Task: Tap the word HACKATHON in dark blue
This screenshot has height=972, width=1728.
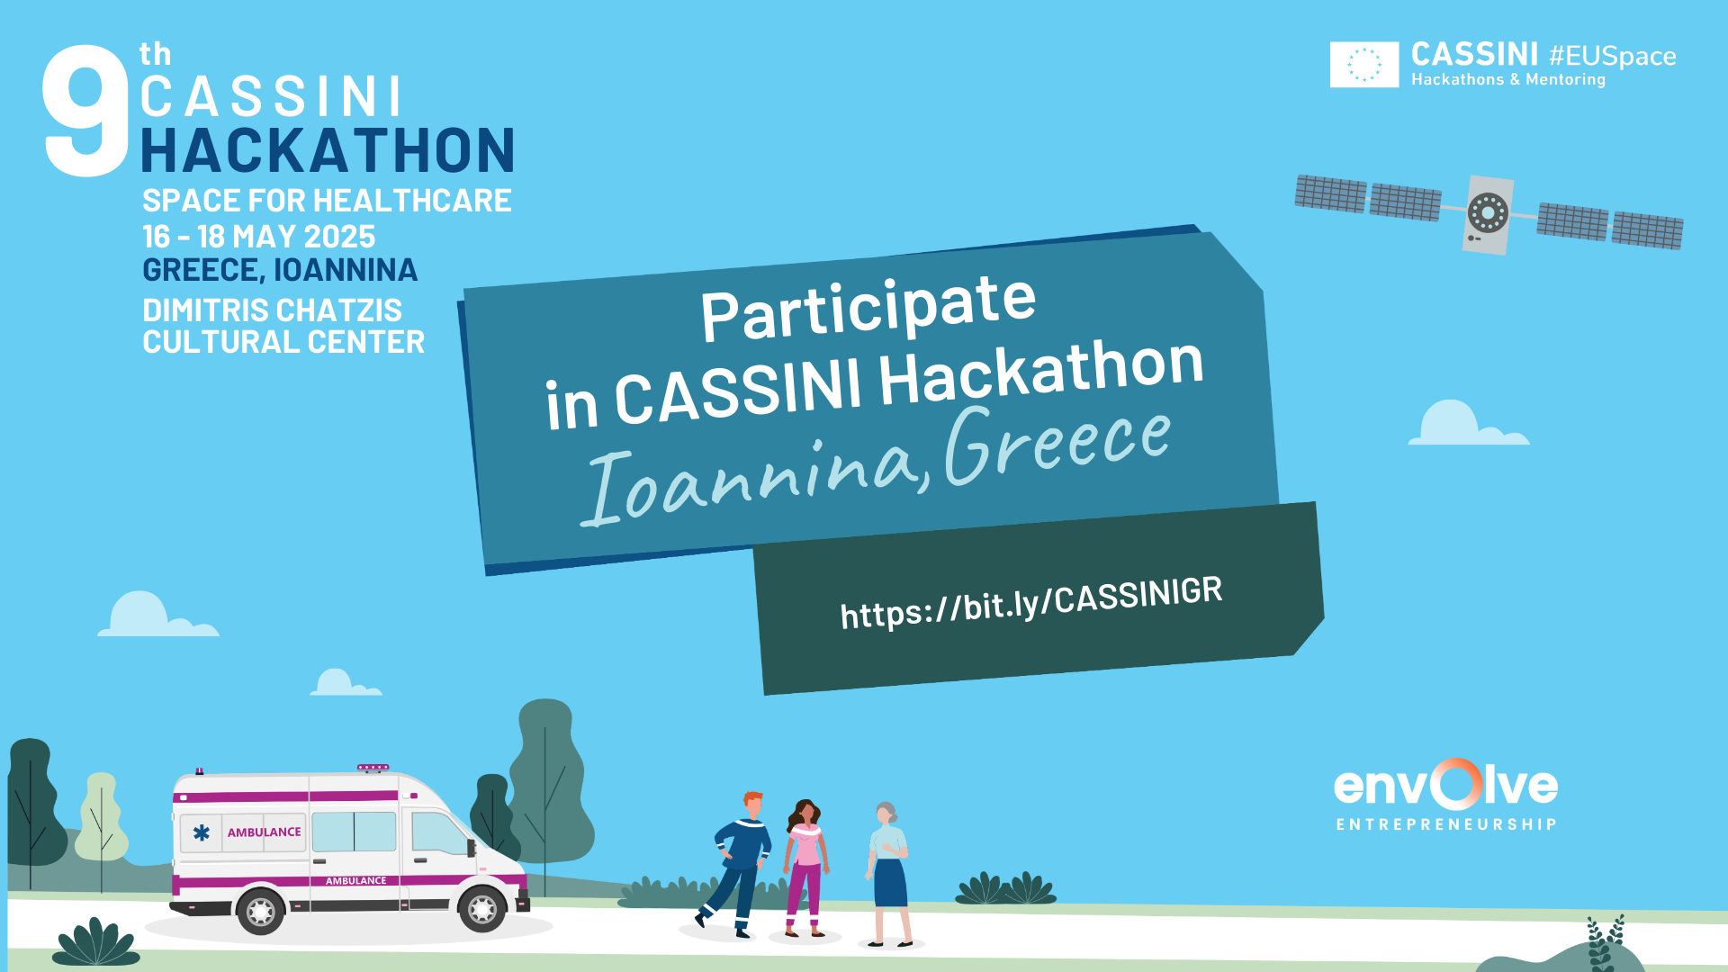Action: [328, 150]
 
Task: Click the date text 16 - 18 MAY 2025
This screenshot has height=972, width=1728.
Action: [259, 237]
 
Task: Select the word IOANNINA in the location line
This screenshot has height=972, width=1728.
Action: [346, 270]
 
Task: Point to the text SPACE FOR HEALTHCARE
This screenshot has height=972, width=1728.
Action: [327, 200]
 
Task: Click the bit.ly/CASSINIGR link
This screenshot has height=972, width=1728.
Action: [1031, 603]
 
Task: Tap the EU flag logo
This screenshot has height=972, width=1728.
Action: [1364, 65]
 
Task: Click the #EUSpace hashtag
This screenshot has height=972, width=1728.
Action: [1613, 56]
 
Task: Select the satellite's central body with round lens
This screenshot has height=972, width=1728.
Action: [1488, 214]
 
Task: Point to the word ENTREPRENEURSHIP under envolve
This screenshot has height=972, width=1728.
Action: [1446, 824]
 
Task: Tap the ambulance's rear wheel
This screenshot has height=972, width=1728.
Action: [261, 911]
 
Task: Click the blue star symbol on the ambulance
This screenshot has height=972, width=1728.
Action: [202, 832]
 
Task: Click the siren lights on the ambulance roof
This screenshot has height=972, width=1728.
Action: [373, 768]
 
